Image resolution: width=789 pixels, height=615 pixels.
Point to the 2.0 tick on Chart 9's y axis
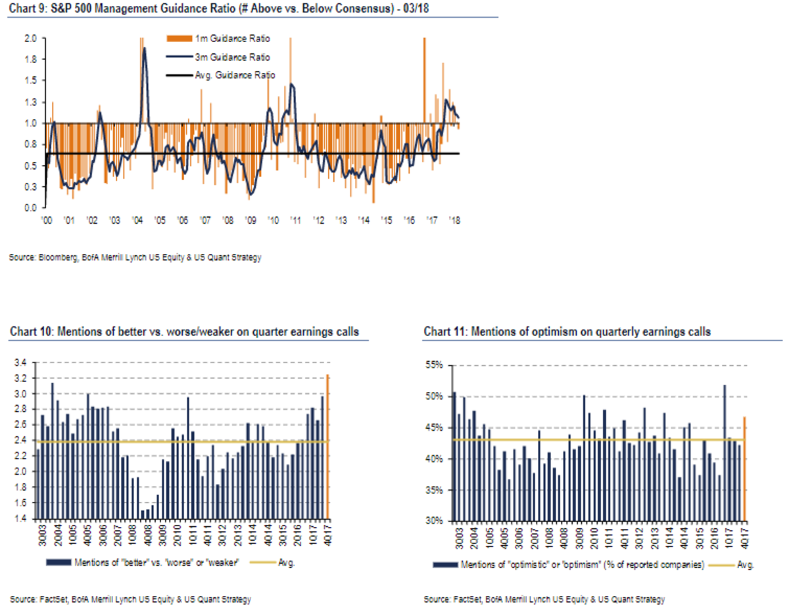click(30, 38)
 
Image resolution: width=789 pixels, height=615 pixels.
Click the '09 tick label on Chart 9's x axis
click(249, 220)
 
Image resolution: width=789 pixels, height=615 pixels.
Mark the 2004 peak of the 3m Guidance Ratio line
click(144, 48)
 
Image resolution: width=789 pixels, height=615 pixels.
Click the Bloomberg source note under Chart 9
click(135, 258)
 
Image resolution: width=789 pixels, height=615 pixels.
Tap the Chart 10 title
click(184, 332)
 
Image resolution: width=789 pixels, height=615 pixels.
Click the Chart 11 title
click(567, 332)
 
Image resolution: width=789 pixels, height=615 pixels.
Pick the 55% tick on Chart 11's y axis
click(437, 365)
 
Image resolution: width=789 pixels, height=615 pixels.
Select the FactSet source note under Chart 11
click(544, 599)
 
